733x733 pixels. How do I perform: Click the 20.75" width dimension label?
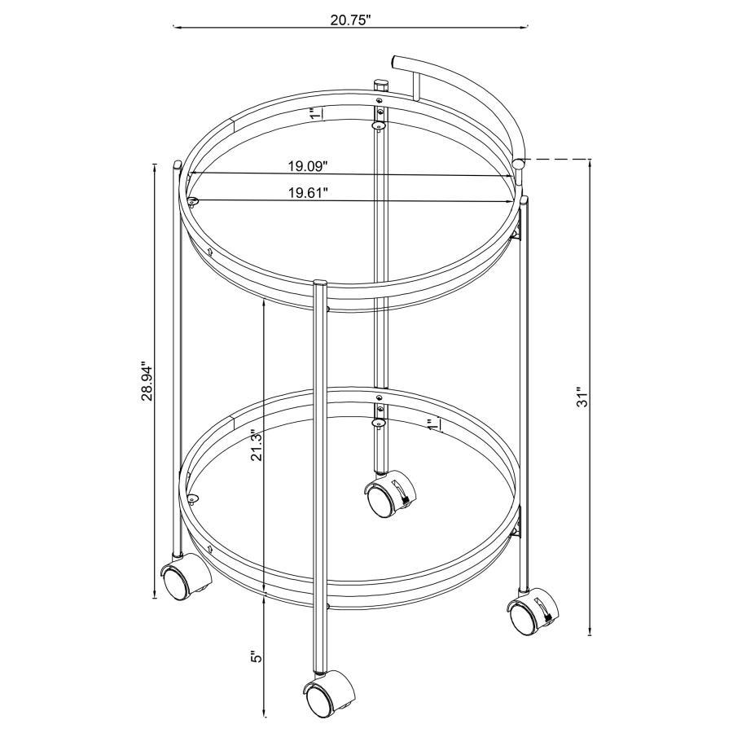click(350, 20)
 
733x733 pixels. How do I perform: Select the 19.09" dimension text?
click(307, 166)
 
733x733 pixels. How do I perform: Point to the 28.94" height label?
click(147, 380)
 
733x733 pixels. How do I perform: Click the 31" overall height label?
click(582, 397)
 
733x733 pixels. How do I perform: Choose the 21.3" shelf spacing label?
click(257, 446)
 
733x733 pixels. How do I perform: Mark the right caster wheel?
click(529, 617)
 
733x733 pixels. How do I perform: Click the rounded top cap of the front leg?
click(320, 283)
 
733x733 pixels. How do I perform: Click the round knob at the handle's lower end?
click(519, 166)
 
